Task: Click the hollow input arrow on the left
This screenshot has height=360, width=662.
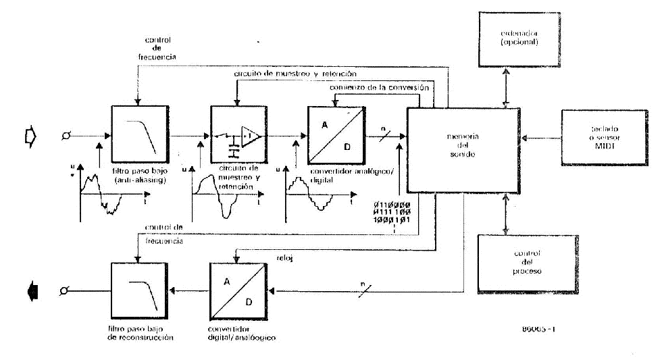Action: [x=30, y=136]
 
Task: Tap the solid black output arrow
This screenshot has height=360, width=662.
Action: [x=31, y=291]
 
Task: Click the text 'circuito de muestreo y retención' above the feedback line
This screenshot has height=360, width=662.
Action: [x=296, y=73]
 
